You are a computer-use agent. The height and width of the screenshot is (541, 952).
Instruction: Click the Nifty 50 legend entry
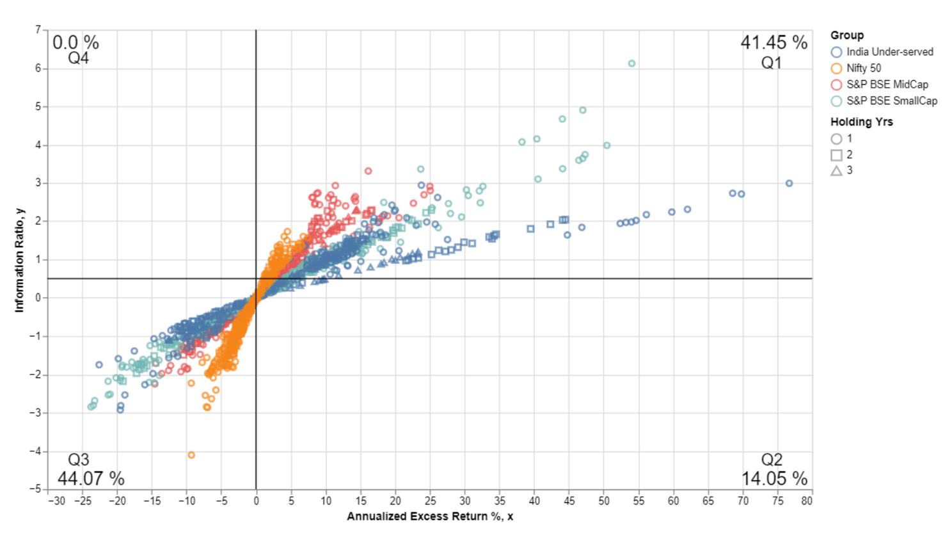pos(863,69)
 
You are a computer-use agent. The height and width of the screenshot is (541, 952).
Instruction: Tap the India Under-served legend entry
pos(889,52)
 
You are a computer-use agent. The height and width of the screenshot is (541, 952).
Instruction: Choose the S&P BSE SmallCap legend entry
pos(891,101)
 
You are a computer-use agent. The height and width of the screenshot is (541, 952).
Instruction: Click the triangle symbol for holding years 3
pos(836,171)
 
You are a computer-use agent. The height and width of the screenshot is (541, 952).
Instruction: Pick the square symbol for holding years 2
pos(836,155)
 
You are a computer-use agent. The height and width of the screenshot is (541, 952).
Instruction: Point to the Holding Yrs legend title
pos(861,122)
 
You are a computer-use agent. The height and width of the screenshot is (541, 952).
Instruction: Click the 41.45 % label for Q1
pos(773,43)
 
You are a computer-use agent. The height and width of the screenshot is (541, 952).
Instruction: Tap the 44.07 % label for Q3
pos(91,478)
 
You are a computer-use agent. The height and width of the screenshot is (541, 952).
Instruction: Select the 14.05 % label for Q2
pos(774,478)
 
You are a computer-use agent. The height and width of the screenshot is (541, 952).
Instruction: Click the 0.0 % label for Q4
pos(75,43)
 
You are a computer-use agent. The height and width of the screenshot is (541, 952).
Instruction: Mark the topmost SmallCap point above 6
pos(631,63)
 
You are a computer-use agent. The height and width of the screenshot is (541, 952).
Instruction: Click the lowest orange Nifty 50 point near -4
pos(191,455)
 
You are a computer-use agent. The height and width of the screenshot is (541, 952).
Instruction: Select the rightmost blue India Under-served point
pos(789,183)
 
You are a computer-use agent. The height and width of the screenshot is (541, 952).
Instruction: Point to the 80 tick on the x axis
pos(807,501)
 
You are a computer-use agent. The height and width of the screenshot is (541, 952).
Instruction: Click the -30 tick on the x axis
pos(57,501)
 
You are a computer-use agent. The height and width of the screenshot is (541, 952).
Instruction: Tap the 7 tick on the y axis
pos(38,29)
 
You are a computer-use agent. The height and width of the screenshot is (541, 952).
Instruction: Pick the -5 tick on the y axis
pos(36,489)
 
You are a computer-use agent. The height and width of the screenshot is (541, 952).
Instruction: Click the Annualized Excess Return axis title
pos(429,517)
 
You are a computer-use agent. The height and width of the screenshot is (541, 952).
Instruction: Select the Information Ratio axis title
pos(19,260)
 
